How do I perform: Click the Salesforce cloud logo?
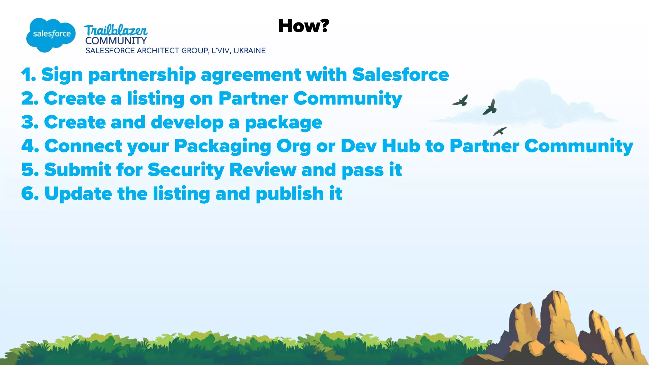coord(51,34)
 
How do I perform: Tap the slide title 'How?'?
coord(304,26)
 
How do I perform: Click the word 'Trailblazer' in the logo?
coord(116,30)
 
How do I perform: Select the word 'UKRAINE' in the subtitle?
coord(249,51)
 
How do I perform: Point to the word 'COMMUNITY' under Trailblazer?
coord(116,41)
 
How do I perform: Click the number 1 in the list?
coord(28,75)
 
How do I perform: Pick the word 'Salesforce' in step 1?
coord(400,75)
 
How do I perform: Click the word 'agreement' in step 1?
coord(251,75)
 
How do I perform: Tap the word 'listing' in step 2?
coord(156,99)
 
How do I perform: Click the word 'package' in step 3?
coord(284,123)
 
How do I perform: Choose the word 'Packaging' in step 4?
coord(222,147)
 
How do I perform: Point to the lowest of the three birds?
coord(499,131)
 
